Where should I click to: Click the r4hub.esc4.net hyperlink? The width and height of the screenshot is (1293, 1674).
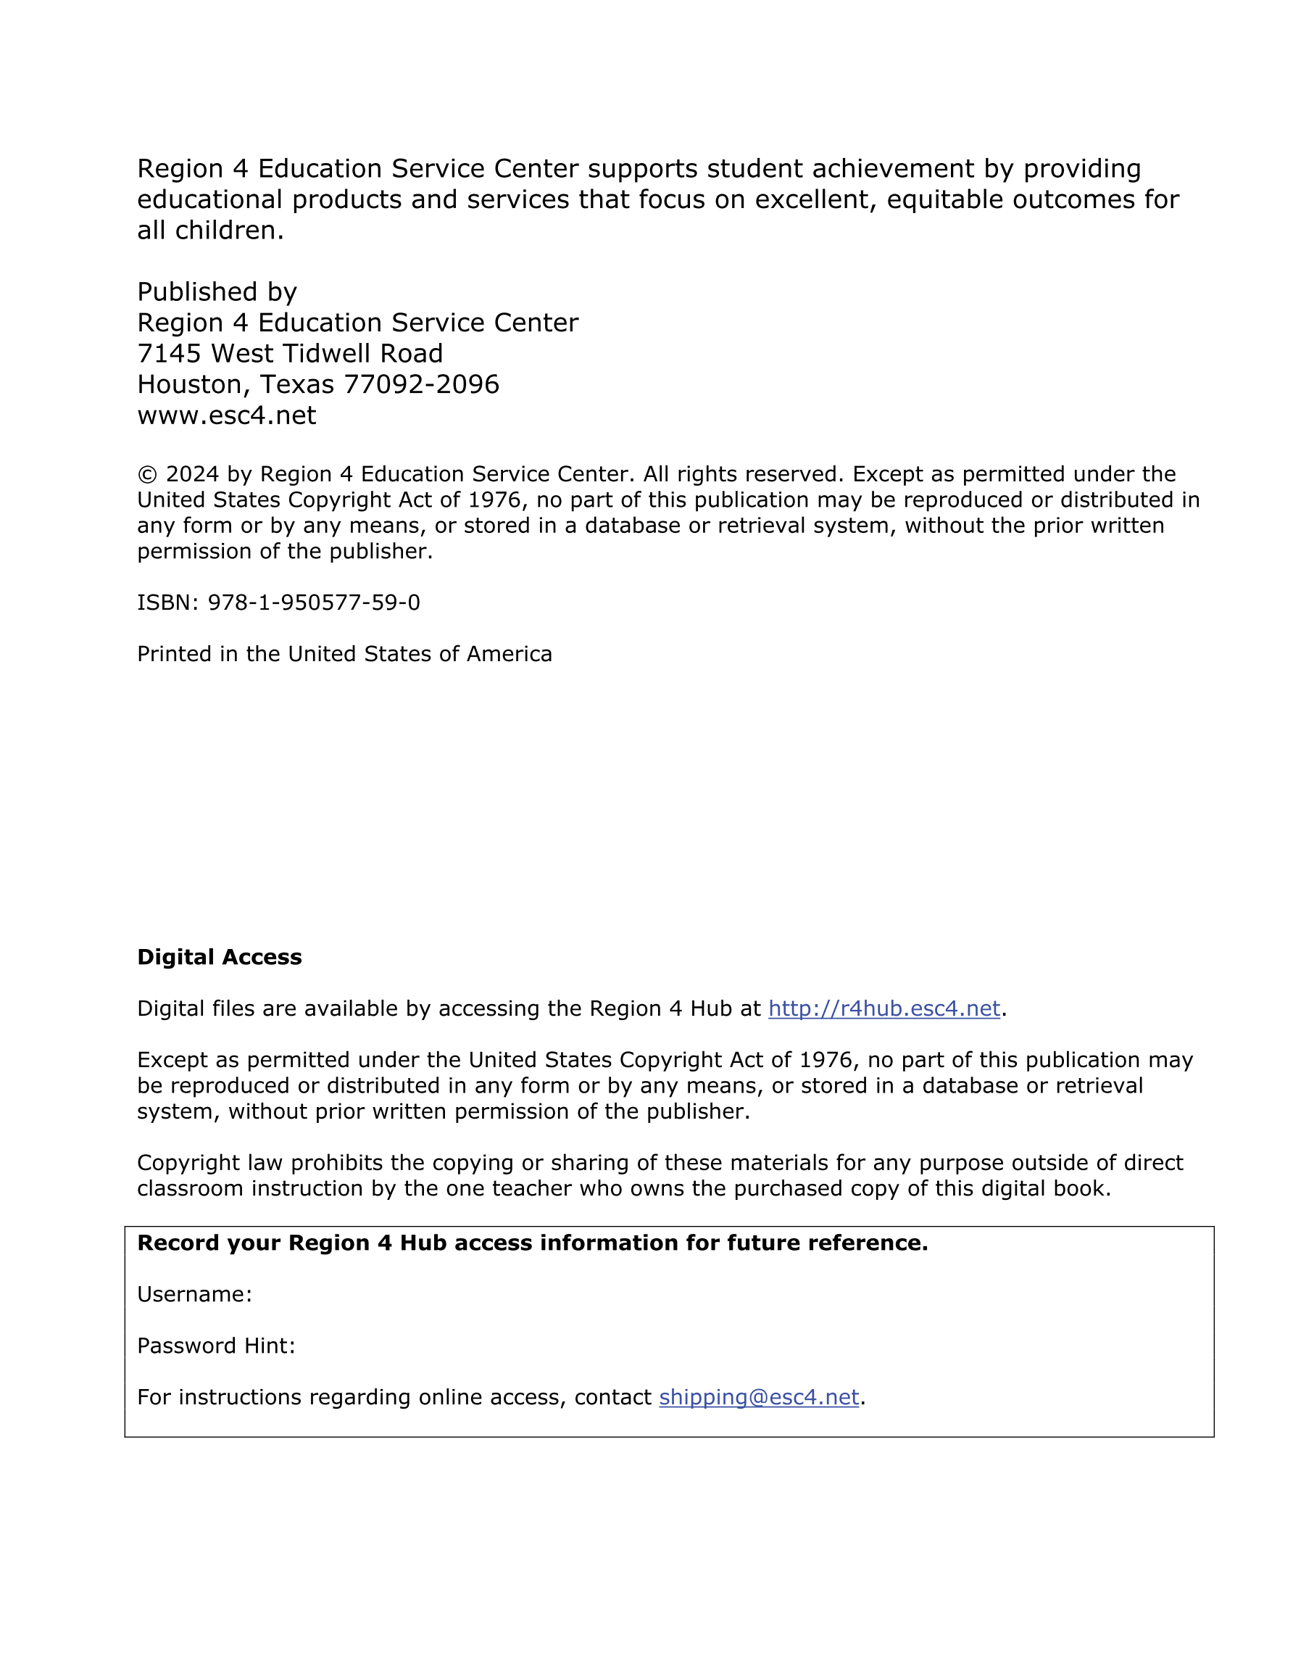pyautogui.click(x=884, y=1008)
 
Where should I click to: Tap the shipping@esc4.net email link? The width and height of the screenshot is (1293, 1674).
pyautogui.click(x=758, y=1397)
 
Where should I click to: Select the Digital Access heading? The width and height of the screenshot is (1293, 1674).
pyautogui.click(x=219, y=957)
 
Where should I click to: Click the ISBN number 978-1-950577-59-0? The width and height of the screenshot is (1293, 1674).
pyautogui.click(x=314, y=602)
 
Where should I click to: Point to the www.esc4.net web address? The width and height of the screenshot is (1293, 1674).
pyautogui.click(x=226, y=415)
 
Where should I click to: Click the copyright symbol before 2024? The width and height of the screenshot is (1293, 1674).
pyautogui.click(x=147, y=474)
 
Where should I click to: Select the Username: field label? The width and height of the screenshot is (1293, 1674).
pyautogui.click(x=195, y=1295)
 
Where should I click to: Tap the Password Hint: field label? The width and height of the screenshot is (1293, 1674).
pyautogui.click(x=216, y=1346)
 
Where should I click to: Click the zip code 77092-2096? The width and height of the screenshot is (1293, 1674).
pyautogui.click(x=422, y=384)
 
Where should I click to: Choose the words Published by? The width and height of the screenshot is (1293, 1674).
pyautogui.click(x=217, y=292)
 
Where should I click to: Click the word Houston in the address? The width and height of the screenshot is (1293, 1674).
pyautogui.click(x=194, y=385)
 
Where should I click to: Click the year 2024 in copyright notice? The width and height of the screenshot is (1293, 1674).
pyautogui.click(x=191, y=474)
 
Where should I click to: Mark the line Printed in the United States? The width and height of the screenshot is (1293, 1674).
pyautogui.click(x=344, y=654)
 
